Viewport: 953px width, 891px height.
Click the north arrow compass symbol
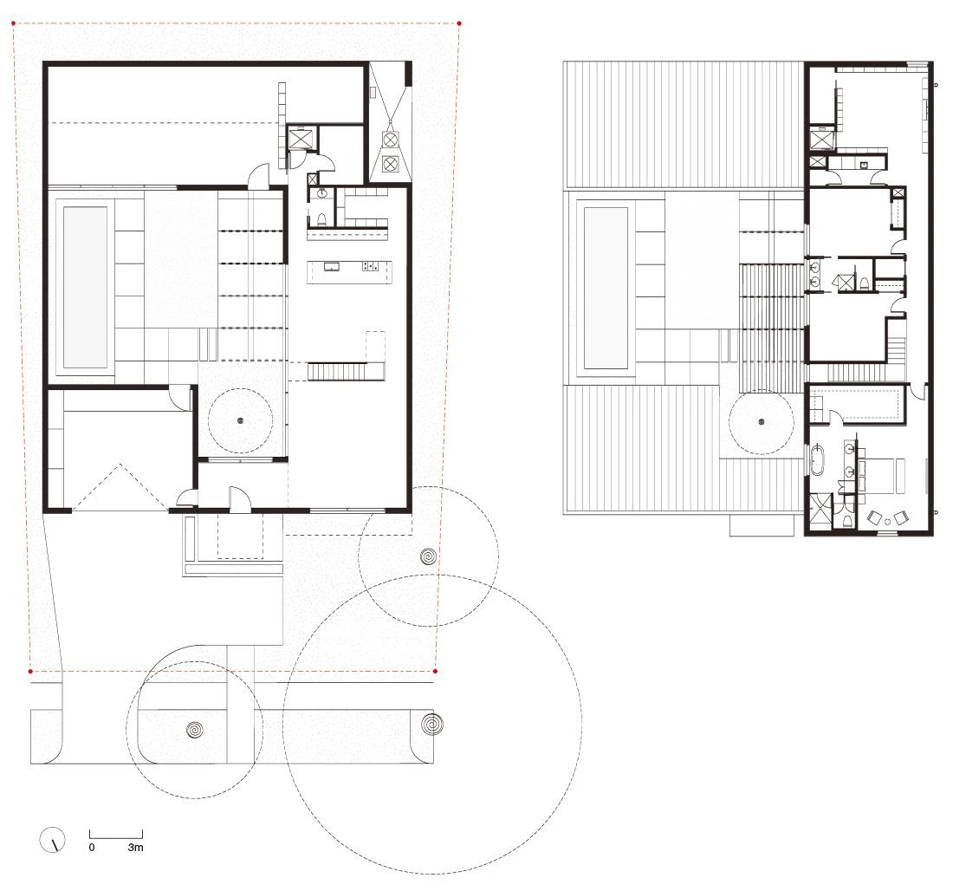[52, 840]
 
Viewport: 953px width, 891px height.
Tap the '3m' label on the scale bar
[135, 847]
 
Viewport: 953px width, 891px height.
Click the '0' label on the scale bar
[92, 847]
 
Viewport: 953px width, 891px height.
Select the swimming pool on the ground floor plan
[85, 288]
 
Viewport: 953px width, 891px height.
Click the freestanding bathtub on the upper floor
[816, 459]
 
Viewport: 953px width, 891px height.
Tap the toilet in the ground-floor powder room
[322, 218]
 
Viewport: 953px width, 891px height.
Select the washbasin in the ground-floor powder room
[321, 194]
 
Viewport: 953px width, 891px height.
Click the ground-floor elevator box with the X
[300, 138]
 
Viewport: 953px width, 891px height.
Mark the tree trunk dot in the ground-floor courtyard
[240, 420]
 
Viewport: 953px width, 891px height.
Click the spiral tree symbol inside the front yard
[428, 556]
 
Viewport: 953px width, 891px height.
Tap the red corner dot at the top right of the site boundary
[459, 23]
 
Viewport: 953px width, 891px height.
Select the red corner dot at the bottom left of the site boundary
[30, 672]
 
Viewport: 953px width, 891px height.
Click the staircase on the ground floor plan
[344, 371]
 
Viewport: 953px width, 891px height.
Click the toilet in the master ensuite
[848, 521]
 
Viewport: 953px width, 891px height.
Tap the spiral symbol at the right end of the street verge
[431, 725]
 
